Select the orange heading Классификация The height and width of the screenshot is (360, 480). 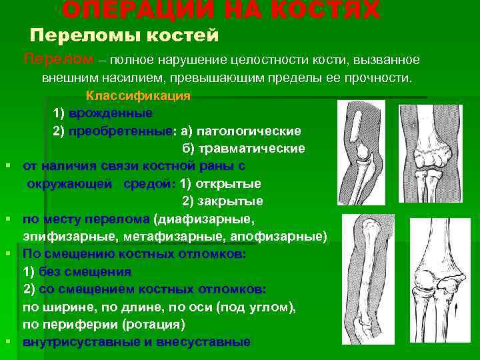tap(138, 95)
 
